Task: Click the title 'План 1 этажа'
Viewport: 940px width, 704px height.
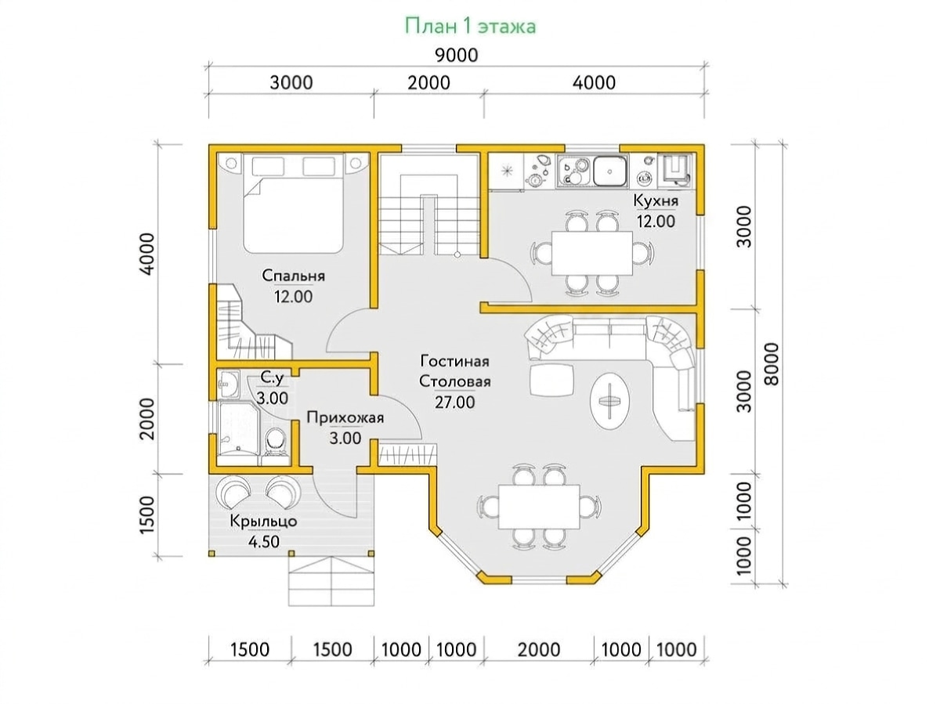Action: [x=470, y=27]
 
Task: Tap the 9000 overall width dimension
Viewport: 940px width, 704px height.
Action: [x=457, y=56]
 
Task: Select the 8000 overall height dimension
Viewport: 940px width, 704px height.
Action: [x=772, y=364]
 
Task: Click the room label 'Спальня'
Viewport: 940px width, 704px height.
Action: [x=293, y=276]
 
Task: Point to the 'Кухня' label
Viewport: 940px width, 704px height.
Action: [x=656, y=200]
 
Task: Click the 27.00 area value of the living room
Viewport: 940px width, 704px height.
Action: [x=455, y=403]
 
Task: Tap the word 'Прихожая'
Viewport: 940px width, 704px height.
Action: [x=345, y=418]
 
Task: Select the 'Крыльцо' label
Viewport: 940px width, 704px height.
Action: [x=263, y=522]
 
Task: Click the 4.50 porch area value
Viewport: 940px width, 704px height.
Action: [x=264, y=542]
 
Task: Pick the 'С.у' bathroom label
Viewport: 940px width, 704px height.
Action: [x=272, y=377]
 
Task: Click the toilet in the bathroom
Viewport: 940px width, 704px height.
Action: [x=275, y=444]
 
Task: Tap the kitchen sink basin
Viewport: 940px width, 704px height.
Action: [x=609, y=171]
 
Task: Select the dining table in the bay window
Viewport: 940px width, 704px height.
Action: [x=539, y=507]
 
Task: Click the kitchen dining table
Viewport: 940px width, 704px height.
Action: [x=592, y=254]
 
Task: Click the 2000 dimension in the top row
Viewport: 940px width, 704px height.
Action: [x=428, y=83]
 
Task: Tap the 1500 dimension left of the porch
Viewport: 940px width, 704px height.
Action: [x=147, y=514]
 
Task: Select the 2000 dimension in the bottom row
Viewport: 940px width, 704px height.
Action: [x=539, y=650]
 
